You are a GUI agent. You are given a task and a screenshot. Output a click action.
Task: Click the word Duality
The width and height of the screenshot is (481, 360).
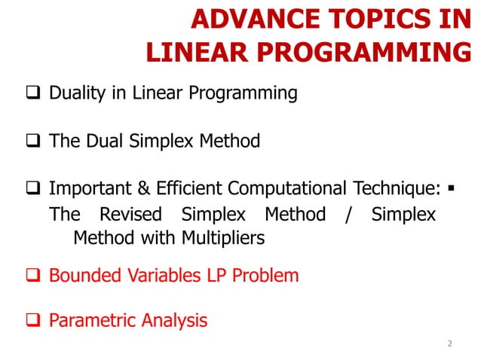[78, 94]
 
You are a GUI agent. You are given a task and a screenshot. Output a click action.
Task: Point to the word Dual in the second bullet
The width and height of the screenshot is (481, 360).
[103, 141]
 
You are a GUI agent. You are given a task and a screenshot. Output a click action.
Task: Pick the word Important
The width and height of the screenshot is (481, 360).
[89, 188]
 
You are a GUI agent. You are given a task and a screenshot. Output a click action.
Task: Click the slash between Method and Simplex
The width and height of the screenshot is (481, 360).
[347, 215]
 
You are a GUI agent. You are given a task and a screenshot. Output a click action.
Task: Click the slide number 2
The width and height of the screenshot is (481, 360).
[450, 343]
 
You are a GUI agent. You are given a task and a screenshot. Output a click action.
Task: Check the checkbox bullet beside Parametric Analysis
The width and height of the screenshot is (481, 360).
[33, 322]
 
